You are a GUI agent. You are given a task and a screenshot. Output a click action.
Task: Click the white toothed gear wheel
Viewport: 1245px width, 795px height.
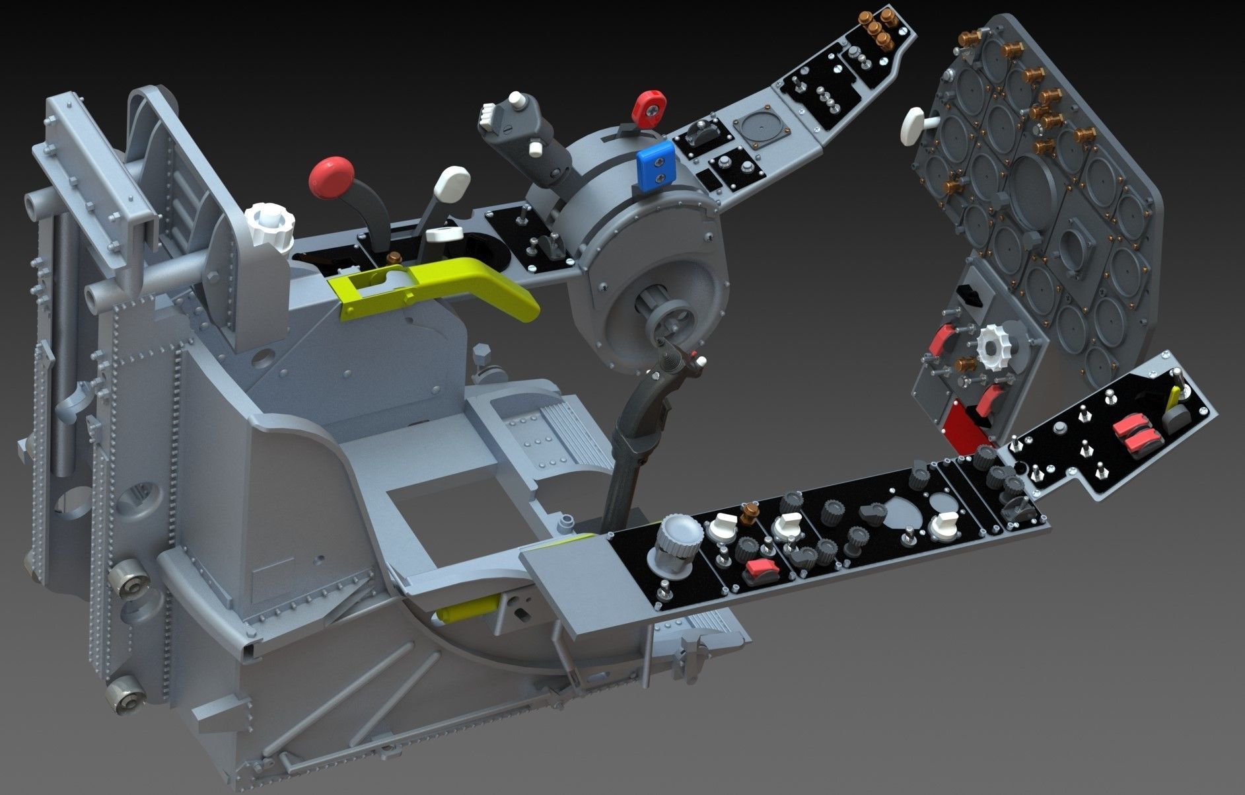pyautogui.click(x=993, y=346)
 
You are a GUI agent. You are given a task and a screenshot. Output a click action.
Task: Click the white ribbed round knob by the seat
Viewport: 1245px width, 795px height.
pyautogui.click(x=268, y=225)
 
